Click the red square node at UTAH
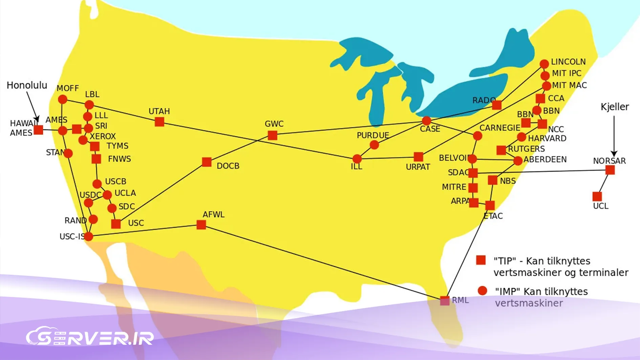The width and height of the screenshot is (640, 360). click(159, 122)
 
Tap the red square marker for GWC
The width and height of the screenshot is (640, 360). click(272, 135)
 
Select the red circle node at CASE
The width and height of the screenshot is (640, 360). click(426, 120)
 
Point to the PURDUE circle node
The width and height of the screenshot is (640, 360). click(374, 145)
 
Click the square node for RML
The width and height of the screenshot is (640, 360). click(445, 300)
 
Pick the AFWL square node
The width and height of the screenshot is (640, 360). click(201, 225)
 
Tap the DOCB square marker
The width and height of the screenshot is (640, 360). click(207, 162)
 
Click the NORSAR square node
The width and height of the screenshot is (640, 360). click(610, 170)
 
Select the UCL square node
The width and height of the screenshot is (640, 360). click(597, 196)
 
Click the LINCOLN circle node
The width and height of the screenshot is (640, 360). click(544, 64)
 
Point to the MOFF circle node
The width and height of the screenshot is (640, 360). click(62, 100)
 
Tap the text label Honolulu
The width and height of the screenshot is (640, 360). click(27, 85)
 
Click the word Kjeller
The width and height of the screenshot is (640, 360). click(615, 107)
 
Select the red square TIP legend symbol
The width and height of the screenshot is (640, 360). click(481, 260)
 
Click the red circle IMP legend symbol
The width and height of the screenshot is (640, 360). click(482, 291)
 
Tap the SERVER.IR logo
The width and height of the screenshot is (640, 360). click(90, 337)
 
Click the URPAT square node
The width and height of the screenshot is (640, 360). click(419, 156)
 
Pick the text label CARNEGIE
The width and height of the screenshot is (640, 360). click(500, 128)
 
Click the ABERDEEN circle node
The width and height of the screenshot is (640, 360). click(518, 161)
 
